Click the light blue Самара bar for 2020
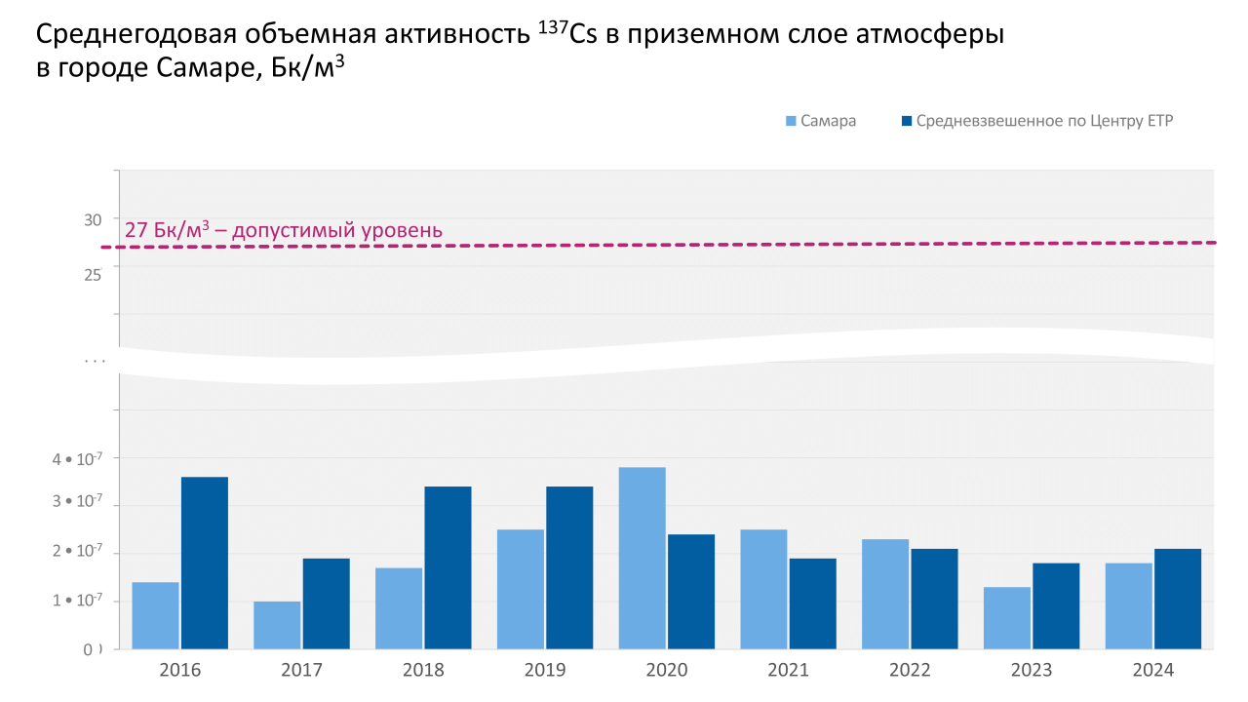642,558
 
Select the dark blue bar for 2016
205,563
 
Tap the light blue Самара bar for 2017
277,625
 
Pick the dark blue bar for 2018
448,567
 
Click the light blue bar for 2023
1007,617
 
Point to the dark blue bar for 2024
1178,599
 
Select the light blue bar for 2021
763,589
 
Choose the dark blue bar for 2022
934,599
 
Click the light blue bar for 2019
521,589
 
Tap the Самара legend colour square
792,121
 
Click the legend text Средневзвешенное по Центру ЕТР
1044,121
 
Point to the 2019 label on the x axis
545,671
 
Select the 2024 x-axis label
1153,671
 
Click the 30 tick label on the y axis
93,220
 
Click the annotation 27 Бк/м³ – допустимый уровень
284,231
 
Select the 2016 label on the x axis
180,671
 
